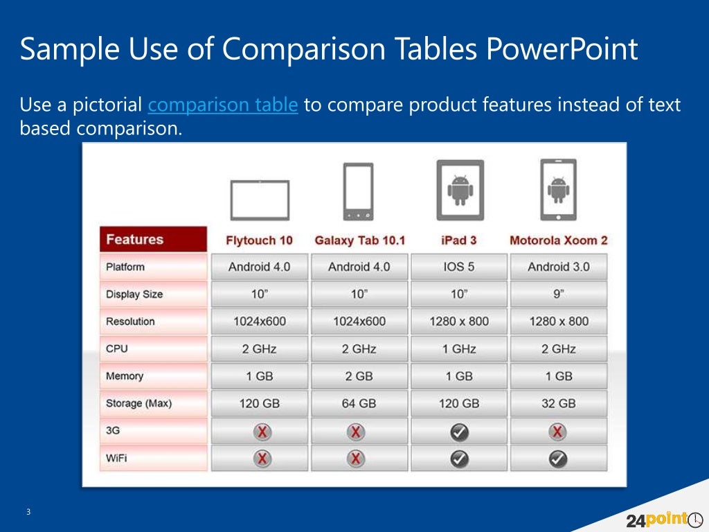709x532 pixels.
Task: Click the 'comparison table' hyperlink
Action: pyautogui.click(x=223, y=105)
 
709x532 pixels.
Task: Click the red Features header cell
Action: pyautogui.click(x=153, y=240)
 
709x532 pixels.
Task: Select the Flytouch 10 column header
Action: pyautogui.click(x=259, y=240)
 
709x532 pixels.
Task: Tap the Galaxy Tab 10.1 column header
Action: pyautogui.click(x=359, y=240)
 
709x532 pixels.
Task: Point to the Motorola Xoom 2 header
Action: pyautogui.click(x=558, y=240)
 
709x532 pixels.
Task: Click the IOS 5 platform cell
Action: pyautogui.click(x=459, y=267)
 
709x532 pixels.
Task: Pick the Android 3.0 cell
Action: pyautogui.click(x=558, y=267)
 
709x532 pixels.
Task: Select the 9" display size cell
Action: pyautogui.click(x=558, y=294)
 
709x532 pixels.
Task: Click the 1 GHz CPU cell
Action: pyautogui.click(x=459, y=349)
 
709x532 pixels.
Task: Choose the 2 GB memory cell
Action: pyautogui.click(x=359, y=376)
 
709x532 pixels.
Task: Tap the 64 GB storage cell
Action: pyautogui.click(x=359, y=403)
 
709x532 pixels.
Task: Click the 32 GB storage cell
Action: pyautogui.click(x=558, y=403)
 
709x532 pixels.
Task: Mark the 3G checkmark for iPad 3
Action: pyautogui.click(x=459, y=432)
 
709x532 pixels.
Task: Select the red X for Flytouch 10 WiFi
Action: pyautogui.click(x=262, y=459)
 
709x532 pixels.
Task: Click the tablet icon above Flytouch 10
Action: pyautogui.click(x=260, y=199)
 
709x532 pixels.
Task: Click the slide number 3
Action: pyautogui.click(x=28, y=512)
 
